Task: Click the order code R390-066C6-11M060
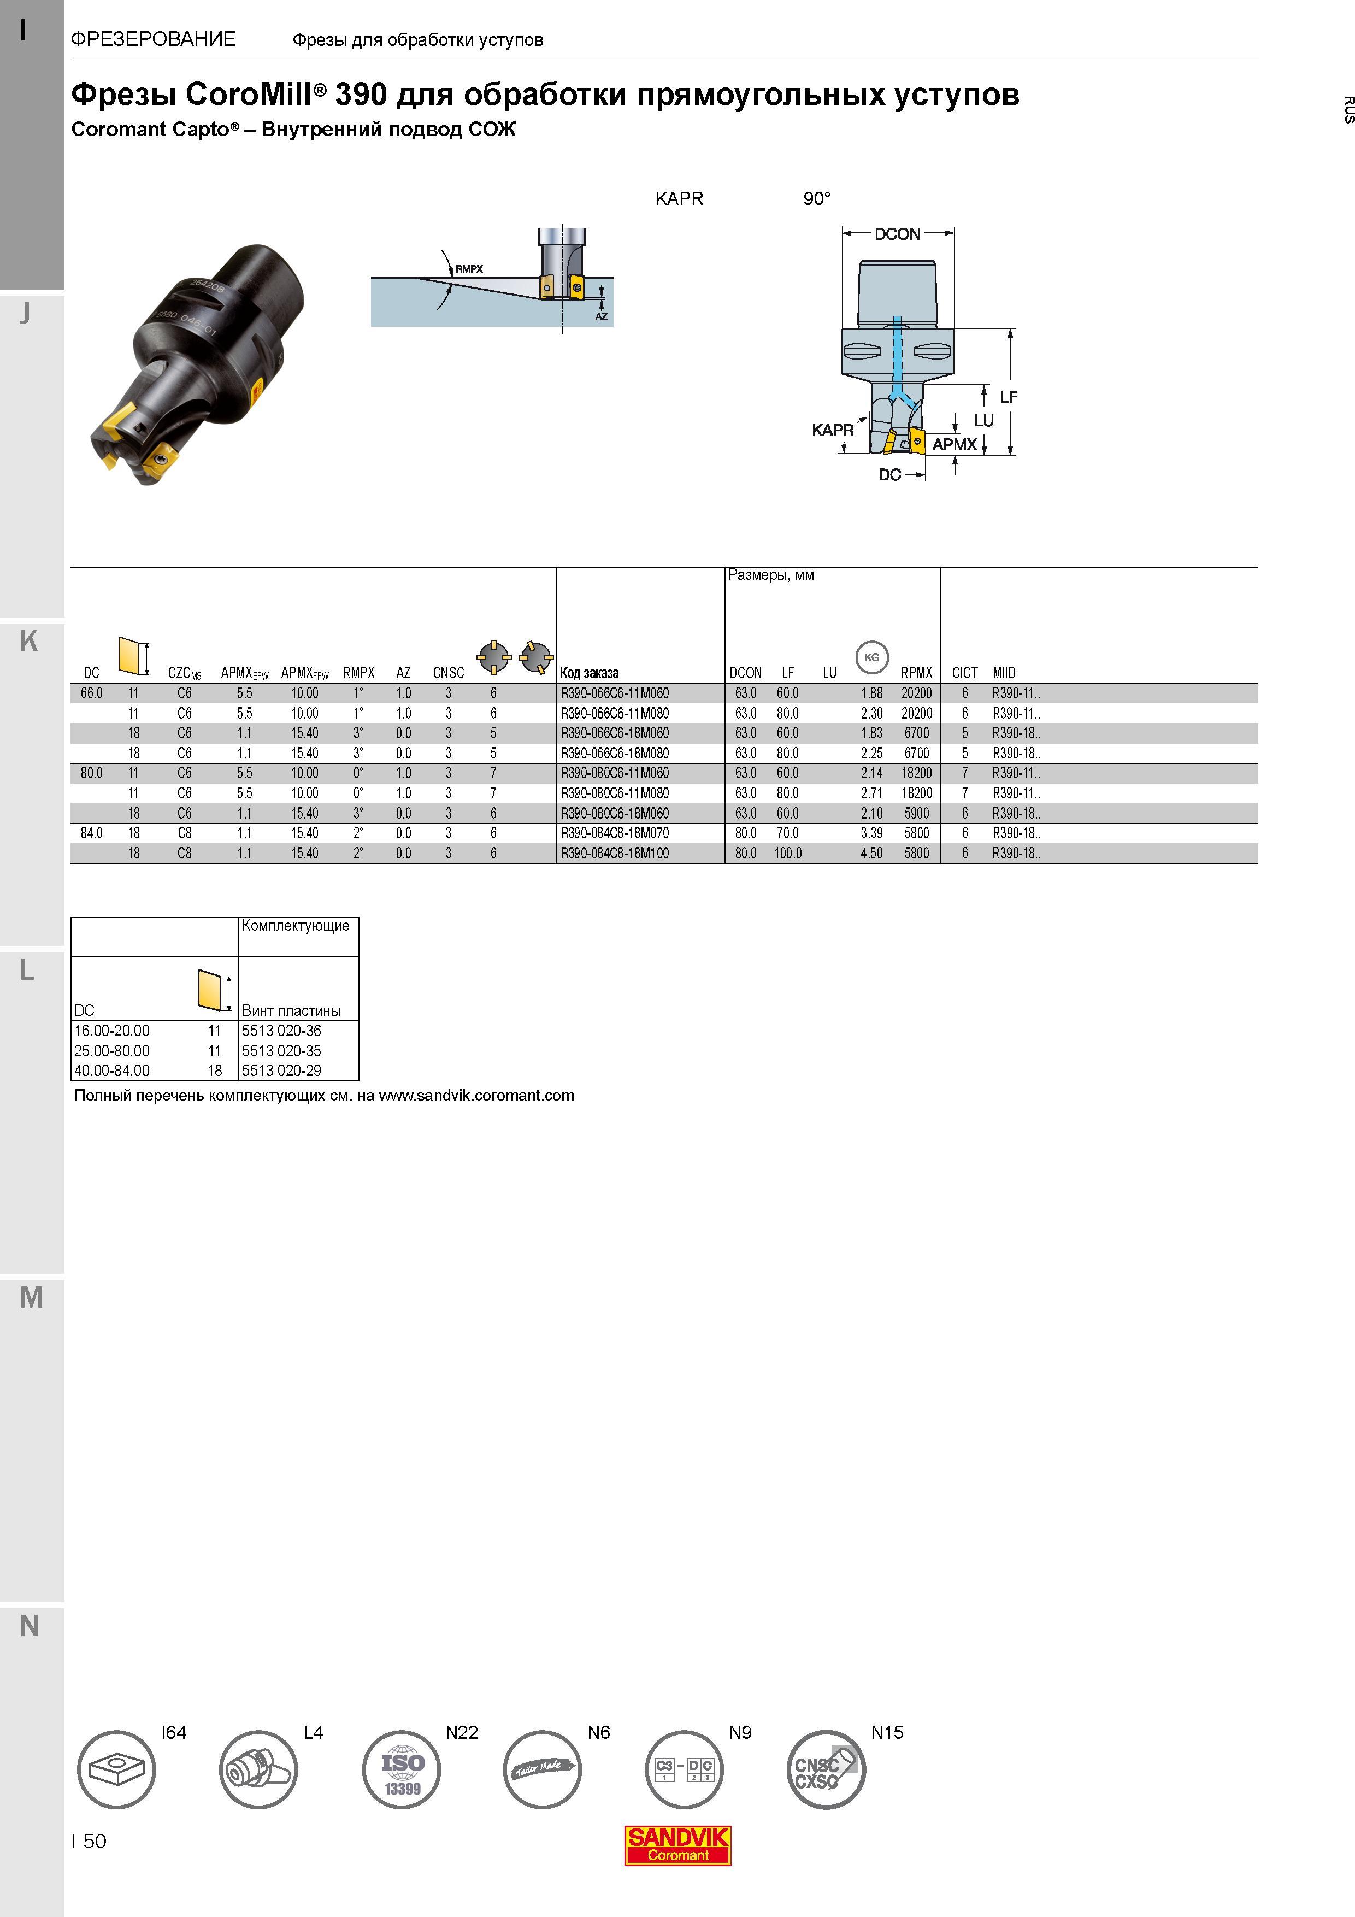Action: pos(615,693)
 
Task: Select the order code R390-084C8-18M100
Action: pos(615,853)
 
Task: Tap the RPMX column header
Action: pos(917,673)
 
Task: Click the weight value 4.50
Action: pos(871,853)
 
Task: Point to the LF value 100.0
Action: pos(787,853)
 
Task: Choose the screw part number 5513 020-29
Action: pos(281,1071)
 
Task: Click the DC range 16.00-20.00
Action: pos(112,1030)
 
